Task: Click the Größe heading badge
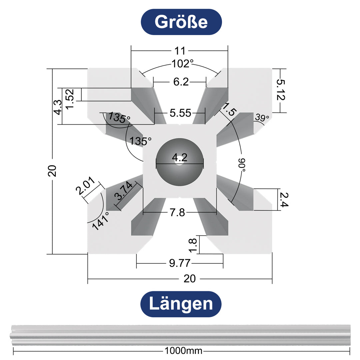(181, 22)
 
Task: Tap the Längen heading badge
(181, 304)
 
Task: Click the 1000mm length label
(183, 351)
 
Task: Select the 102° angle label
(183, 64)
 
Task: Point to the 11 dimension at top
(180, 51)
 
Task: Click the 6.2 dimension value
(181, 82)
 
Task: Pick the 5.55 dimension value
(180, 113)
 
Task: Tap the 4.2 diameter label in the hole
(180, 158)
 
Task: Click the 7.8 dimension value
(177, 213)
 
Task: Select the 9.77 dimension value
(180, 264)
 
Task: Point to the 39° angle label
(262, 118)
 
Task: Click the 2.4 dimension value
(283, 199)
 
